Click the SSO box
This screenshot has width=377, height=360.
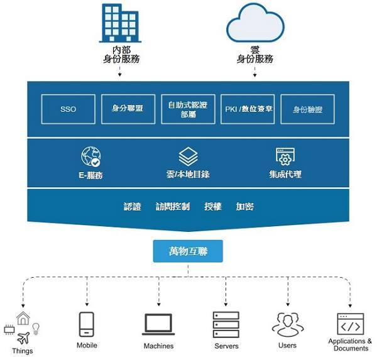(x=68, y=109)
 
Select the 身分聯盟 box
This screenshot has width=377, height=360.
(x=128, y=109)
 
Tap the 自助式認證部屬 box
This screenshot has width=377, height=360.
(x=187, y=109)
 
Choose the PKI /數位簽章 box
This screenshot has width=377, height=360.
(x=248, y=109)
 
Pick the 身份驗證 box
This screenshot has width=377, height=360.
(x=307, y=109)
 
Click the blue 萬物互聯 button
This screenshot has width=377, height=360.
(x=188, y=252)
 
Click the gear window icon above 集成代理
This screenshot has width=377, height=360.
(x=285, y=156)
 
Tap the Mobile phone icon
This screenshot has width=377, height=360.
(x=87, y=324)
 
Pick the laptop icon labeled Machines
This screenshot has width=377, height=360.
(x=158, y=324)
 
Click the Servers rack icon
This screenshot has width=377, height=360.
(x=226, y=324)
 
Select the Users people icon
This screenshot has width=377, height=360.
(x=287, y=324)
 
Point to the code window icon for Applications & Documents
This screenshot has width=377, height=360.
(x=350, y=324)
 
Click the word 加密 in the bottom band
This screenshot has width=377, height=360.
(x=244, y=207)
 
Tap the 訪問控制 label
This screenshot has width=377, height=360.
(x=173, y=207)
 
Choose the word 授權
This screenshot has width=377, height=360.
(x=213, y=207)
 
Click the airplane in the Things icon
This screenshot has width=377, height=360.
(x=24, y=336)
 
